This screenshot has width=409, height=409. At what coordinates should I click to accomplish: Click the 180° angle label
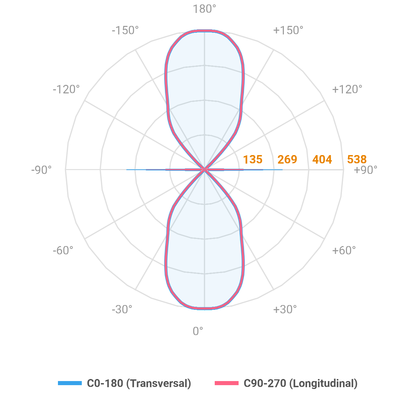click(204, 9)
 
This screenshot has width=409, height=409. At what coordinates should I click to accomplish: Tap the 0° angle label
click(198, 331)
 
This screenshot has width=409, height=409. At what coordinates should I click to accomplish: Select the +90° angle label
click(366, 170)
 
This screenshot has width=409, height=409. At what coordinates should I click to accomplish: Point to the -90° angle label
click(41, 170)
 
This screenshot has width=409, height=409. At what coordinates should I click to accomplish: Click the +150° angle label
click(288, 30)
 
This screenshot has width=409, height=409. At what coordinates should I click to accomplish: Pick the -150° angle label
click(125, 30)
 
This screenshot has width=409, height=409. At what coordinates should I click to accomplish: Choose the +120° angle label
click(347, 89)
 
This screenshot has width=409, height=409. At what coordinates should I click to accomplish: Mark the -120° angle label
click(66, 89)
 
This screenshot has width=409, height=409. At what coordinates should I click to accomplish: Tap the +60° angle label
click(344, 251)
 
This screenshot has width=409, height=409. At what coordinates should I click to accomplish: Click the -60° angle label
click(63, 251)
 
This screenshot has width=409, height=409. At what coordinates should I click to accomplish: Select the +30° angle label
click(285, 309)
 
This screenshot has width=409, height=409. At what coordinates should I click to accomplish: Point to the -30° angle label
click(122, 309)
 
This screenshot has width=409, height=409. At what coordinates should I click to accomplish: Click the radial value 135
click(253, 160)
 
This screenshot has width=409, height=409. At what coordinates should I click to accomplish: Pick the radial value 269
click(287, 160)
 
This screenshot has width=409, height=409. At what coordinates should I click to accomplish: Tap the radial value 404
click(322, 160)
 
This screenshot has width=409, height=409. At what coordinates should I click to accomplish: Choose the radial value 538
click(357, 160)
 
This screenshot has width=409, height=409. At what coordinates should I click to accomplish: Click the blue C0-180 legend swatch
click(70, 383)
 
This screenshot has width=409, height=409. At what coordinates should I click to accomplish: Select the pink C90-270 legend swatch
click(226, 383)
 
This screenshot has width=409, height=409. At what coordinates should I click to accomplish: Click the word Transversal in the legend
click(158, 383)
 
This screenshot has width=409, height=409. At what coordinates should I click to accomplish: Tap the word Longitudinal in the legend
click(323, 383)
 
